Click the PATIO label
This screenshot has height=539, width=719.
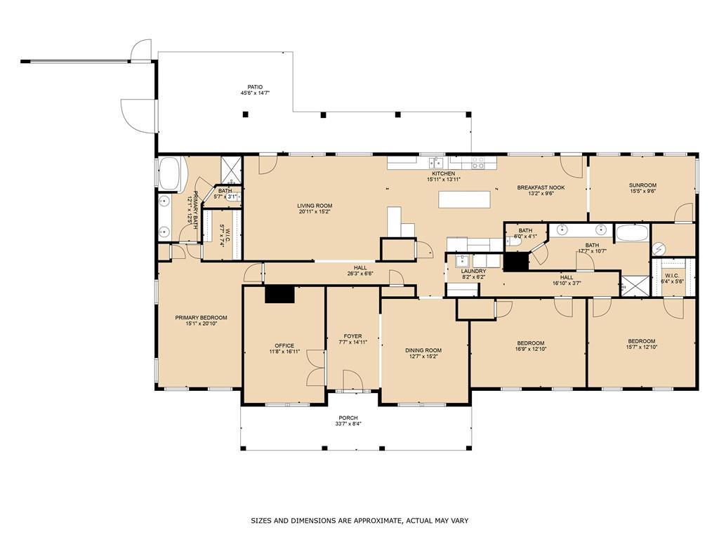[x=256, y=86]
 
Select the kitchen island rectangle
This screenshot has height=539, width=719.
[x=465, y=199]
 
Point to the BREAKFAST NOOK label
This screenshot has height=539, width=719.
[x=541, y=187]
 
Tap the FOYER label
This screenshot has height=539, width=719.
[x=352, y=336]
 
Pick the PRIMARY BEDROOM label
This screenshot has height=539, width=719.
[x=201, y=317]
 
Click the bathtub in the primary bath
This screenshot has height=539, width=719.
[x=169, y=174]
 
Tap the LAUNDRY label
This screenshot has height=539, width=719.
[x=473, y=271]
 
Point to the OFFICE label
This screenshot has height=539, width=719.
[x=284, y=345]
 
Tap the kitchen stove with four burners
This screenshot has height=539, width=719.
[x=477, y=163]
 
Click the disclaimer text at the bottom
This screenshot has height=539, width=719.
[x=359, y=521]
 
